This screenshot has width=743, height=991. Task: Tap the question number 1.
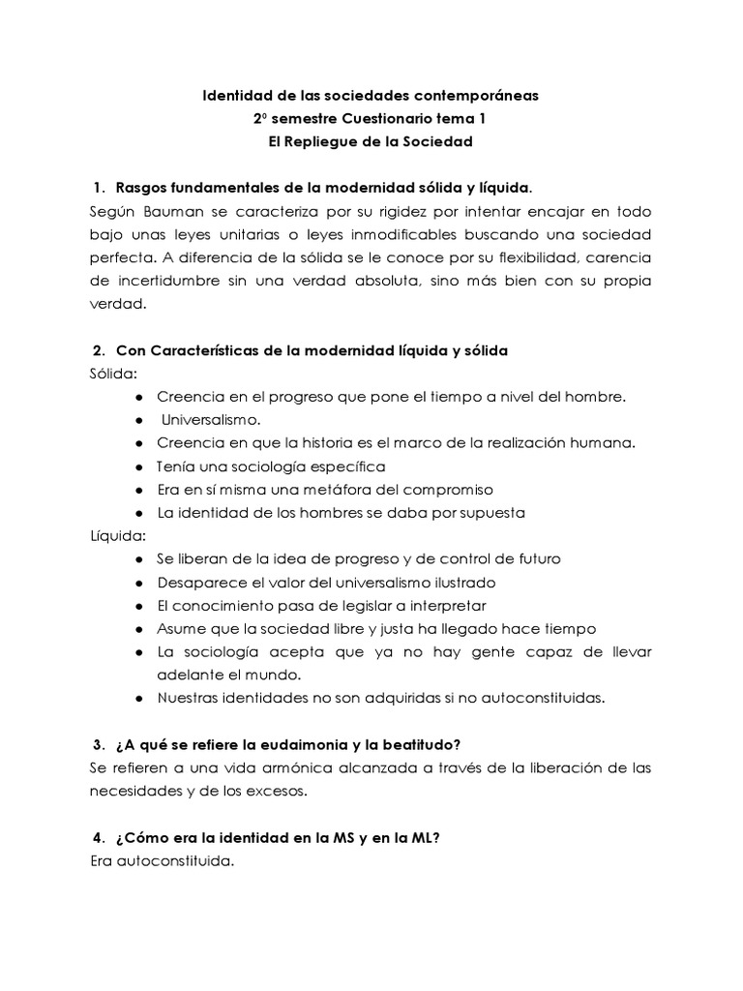tap(99, 187)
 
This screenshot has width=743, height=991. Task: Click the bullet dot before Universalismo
tap(140, 420)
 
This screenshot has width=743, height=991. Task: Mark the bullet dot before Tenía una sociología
tap(140, 466)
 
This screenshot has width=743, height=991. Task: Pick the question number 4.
tap(99, 837)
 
